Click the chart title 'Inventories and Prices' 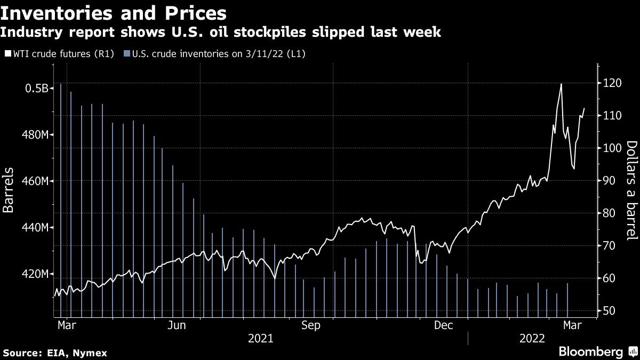(113, 12)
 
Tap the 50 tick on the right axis (609, 311)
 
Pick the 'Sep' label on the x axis (311, 325)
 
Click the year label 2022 (532, 339)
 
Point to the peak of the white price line (561, 84)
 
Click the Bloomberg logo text (590, 352)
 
